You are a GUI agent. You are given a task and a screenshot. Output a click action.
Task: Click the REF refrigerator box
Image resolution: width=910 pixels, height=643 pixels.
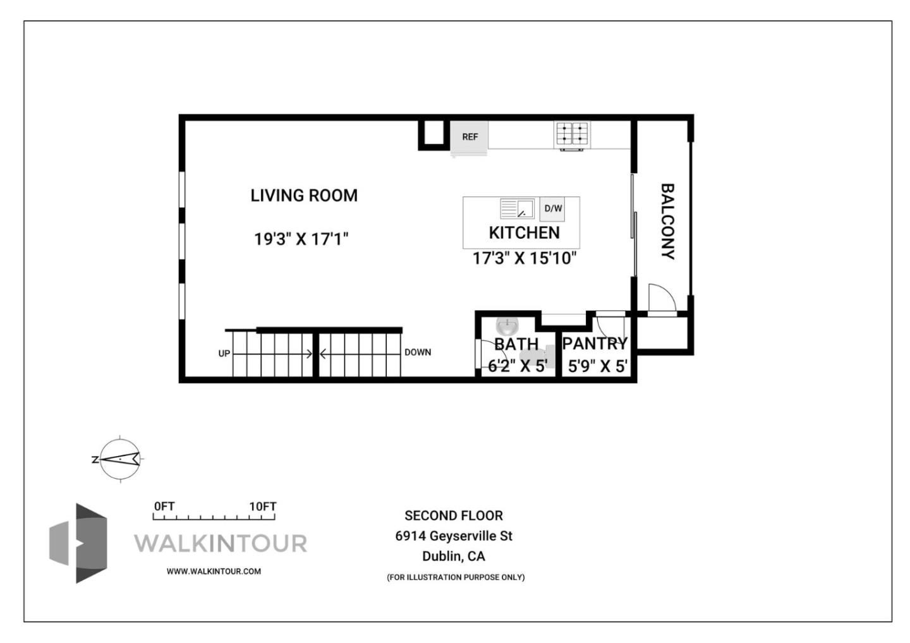pos(469,136)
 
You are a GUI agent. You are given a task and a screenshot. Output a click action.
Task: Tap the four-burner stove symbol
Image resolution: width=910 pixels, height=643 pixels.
pos(572,134)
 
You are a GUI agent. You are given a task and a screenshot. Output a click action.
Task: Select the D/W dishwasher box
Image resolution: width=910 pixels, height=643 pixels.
pos(552,208)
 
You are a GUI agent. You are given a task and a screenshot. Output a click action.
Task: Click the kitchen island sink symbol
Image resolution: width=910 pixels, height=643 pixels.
pos(517,208)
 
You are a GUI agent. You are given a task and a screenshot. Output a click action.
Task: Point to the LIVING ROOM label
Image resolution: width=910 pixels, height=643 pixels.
pos(304,196)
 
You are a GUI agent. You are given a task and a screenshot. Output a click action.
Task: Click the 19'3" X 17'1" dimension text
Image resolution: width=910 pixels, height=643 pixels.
pos(301,239)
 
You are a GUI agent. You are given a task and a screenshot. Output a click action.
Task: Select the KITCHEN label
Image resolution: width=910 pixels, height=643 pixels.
pos(524,232)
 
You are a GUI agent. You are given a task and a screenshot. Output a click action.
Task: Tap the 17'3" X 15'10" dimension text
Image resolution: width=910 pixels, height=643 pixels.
pos(525,258)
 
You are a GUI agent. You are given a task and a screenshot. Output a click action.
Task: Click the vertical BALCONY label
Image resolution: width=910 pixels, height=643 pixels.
pos(667,221)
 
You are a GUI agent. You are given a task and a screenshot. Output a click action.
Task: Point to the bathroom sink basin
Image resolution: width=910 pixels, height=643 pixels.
pos(507,327)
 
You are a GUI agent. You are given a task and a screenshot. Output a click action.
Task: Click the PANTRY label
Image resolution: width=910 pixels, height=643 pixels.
pos(595,344)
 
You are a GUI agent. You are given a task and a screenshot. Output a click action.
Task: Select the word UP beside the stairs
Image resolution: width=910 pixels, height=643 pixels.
pos(224,354)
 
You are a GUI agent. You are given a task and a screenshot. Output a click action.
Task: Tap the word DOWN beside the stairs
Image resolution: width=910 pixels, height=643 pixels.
pos(418,352)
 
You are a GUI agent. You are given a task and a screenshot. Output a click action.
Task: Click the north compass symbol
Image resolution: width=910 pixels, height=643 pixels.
pos(120,459)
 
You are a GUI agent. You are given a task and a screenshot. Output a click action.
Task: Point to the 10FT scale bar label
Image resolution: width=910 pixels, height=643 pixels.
pos(262,507)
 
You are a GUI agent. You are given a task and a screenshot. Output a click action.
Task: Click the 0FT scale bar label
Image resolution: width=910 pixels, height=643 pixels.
pos(164,507)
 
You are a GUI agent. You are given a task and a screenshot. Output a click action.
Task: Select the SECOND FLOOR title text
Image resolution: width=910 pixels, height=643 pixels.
pos(454,515)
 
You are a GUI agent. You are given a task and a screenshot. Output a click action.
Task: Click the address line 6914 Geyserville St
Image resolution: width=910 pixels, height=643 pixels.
pos(454,536)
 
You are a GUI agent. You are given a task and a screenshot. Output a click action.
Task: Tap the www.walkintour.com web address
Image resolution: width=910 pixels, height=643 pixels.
pos(214,571)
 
